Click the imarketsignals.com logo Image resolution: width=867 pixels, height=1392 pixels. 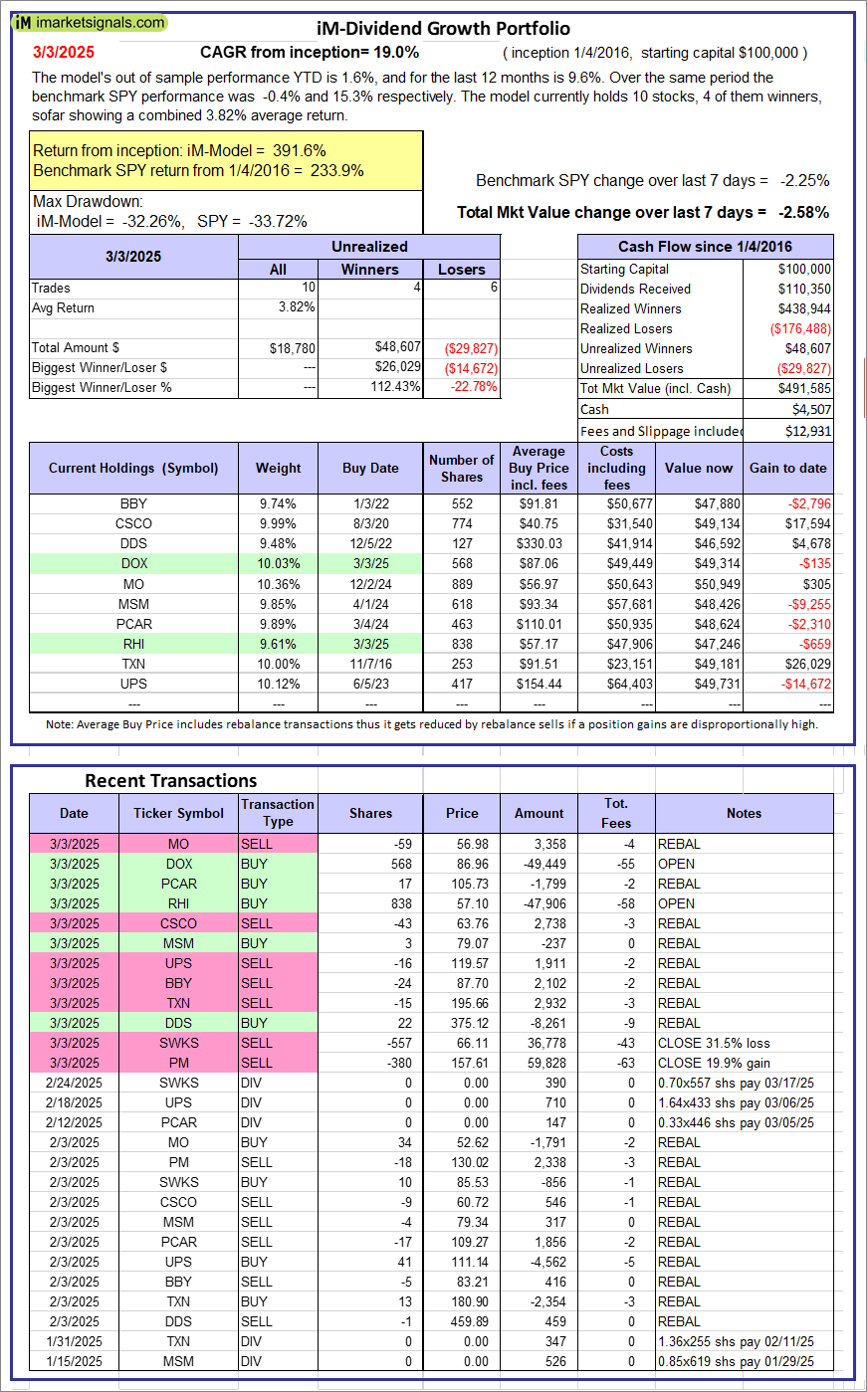(91, 22)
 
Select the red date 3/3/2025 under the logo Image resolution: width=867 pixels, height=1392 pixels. (64, 52)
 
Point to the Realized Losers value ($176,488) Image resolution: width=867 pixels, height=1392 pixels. (800, 328)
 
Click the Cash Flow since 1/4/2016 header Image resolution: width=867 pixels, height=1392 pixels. (705, 247)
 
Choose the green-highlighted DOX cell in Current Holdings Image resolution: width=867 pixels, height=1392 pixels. (133, 563)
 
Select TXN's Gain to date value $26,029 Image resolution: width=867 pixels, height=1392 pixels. (803, 664)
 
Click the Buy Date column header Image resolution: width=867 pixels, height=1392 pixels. (370, 468)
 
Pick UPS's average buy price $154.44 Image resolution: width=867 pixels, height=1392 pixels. (541, 684)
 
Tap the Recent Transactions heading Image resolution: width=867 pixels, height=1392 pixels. (171, 780)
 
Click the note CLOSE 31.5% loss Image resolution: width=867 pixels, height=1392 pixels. (714, 1043)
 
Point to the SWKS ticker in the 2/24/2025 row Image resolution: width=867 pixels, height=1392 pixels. (179, 1083)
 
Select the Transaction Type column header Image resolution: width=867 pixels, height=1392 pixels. (278, 813)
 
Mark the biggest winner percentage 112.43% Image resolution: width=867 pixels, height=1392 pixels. (395, 387)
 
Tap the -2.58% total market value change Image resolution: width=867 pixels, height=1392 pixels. (803, 212)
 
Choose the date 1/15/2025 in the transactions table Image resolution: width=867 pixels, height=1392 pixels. (74, 1361)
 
